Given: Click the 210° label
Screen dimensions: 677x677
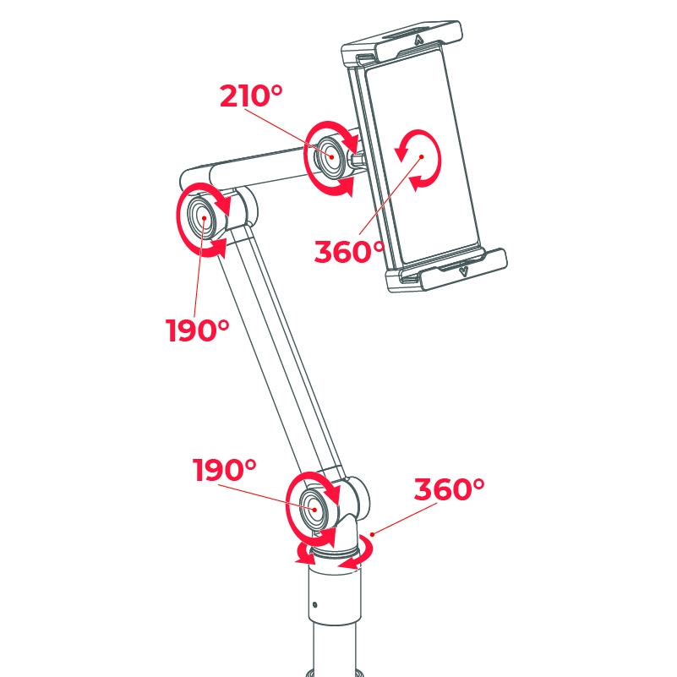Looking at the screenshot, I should [x=251, y=96].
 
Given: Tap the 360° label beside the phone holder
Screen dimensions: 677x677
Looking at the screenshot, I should [x=349, y=251].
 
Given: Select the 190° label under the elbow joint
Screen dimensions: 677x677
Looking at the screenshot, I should [x=198, y=330].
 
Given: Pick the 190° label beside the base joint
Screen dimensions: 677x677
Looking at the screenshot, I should [x=224, y=470].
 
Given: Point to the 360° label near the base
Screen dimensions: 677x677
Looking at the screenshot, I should [x=450, y=489].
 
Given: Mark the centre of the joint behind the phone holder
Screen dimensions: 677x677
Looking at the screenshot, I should [x=329, y=157].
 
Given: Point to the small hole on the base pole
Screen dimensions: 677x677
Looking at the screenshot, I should [x=314, y=605].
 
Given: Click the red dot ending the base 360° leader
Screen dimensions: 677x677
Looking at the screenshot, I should [x=371, y=534].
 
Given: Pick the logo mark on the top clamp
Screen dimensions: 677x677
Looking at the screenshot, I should [x=419, y=38].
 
